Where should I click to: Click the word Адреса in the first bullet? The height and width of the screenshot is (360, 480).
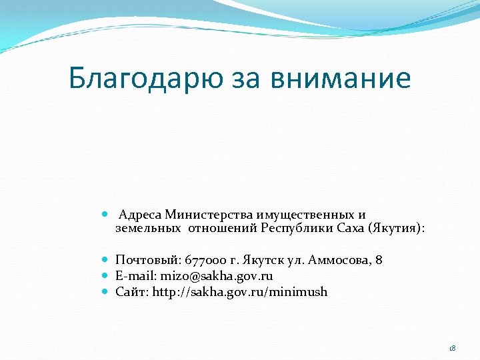click(x=141, y=215)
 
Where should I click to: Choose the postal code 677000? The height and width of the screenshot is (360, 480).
click(x=204, y=260)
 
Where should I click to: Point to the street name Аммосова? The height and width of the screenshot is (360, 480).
click(x=341, y=260)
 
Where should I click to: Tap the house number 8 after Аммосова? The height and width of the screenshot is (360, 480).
click(x=379, y=260)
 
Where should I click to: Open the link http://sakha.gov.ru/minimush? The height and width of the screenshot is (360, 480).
click(x=240, y=292)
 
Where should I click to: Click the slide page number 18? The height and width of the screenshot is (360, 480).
click(x=452, y=348)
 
